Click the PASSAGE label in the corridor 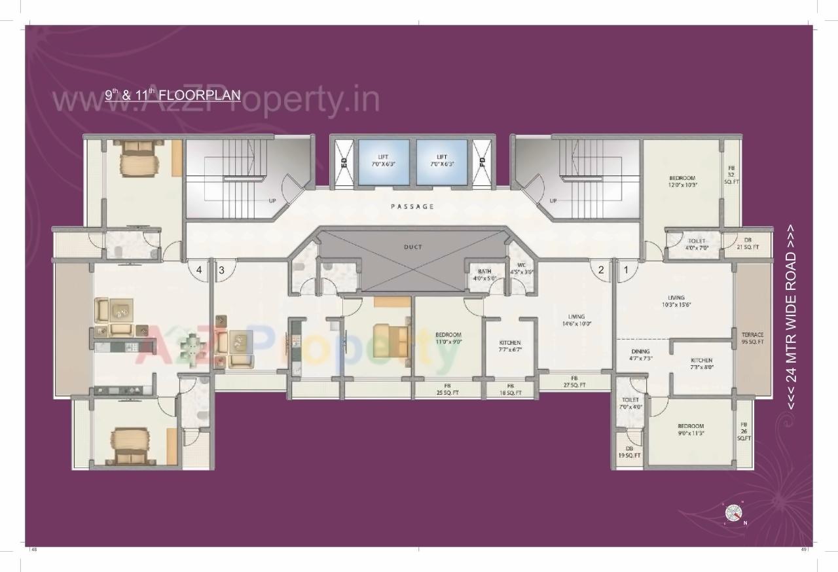[412, 207]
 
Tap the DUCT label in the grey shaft [412, 247]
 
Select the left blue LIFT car [384, 161]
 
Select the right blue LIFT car [442, 161]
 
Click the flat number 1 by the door [625, 268]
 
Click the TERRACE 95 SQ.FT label [752, 338]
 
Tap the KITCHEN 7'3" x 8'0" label [701, 364]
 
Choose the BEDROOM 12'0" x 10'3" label [682, 181]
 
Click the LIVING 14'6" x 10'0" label [576, 320]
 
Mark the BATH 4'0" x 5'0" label [484, 275]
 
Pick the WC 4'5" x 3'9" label [522, 268]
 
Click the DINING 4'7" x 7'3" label [641, 355]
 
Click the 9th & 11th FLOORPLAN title [173, 96]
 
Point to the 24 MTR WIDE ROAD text [792, 317]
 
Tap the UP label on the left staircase [272, 201]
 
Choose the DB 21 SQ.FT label [747, 243]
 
